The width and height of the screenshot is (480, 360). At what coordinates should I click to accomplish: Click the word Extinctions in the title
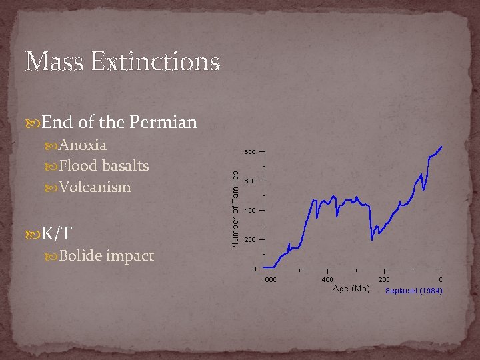(x=155, y=62)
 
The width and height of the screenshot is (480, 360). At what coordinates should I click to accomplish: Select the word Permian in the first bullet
(x=163, y=123)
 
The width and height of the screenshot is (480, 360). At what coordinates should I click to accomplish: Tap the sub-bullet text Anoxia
(x=83, y=145)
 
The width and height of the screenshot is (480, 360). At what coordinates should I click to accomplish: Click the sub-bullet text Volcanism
(x=95, y=187)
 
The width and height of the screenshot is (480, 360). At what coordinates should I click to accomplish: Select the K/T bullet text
(x=57, y=233)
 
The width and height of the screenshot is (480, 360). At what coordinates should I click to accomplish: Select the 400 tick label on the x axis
(x=327, y=279)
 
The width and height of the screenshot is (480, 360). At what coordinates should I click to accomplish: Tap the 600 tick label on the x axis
(x=270, y=279)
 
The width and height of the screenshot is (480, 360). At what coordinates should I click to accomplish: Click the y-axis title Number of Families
(x=236, y=208)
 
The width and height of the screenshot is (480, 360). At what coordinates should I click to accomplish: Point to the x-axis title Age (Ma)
(x=351, y=289)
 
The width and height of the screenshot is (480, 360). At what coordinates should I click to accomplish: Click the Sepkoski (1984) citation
(x=413, y=291)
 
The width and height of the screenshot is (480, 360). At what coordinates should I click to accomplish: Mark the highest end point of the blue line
(x=441, y=146)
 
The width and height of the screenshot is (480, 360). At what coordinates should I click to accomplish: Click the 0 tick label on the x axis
(x=441, y=279)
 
